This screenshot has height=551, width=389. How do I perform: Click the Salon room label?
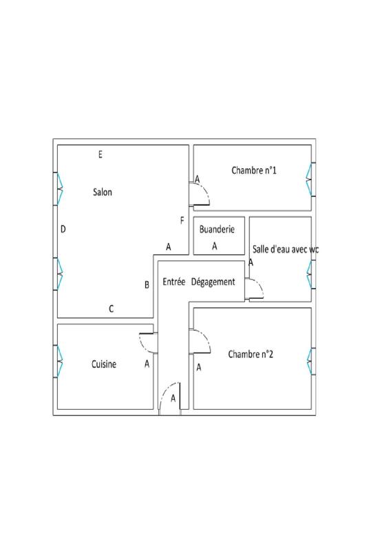103,192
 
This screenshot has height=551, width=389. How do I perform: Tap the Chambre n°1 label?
254,170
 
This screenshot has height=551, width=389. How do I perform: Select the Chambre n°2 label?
251,355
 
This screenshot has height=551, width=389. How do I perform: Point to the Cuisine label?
104,364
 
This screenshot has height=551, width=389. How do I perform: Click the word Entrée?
174,282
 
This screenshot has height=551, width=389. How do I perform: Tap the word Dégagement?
213,282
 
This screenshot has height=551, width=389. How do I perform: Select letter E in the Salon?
101,155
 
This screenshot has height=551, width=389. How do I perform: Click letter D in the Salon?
63,229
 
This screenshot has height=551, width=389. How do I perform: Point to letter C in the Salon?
112,309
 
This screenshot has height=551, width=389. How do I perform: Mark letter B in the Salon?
147,284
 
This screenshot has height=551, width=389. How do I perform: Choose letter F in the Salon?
182,221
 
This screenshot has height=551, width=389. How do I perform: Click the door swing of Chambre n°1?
202,195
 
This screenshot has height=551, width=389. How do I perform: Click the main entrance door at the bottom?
169,400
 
